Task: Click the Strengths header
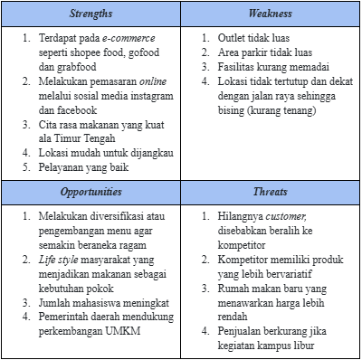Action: [x=90, y=14]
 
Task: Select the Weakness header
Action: [x=271, y=14]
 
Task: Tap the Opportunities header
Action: [x=90, y=193]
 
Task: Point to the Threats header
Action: [x=271, y=193]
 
